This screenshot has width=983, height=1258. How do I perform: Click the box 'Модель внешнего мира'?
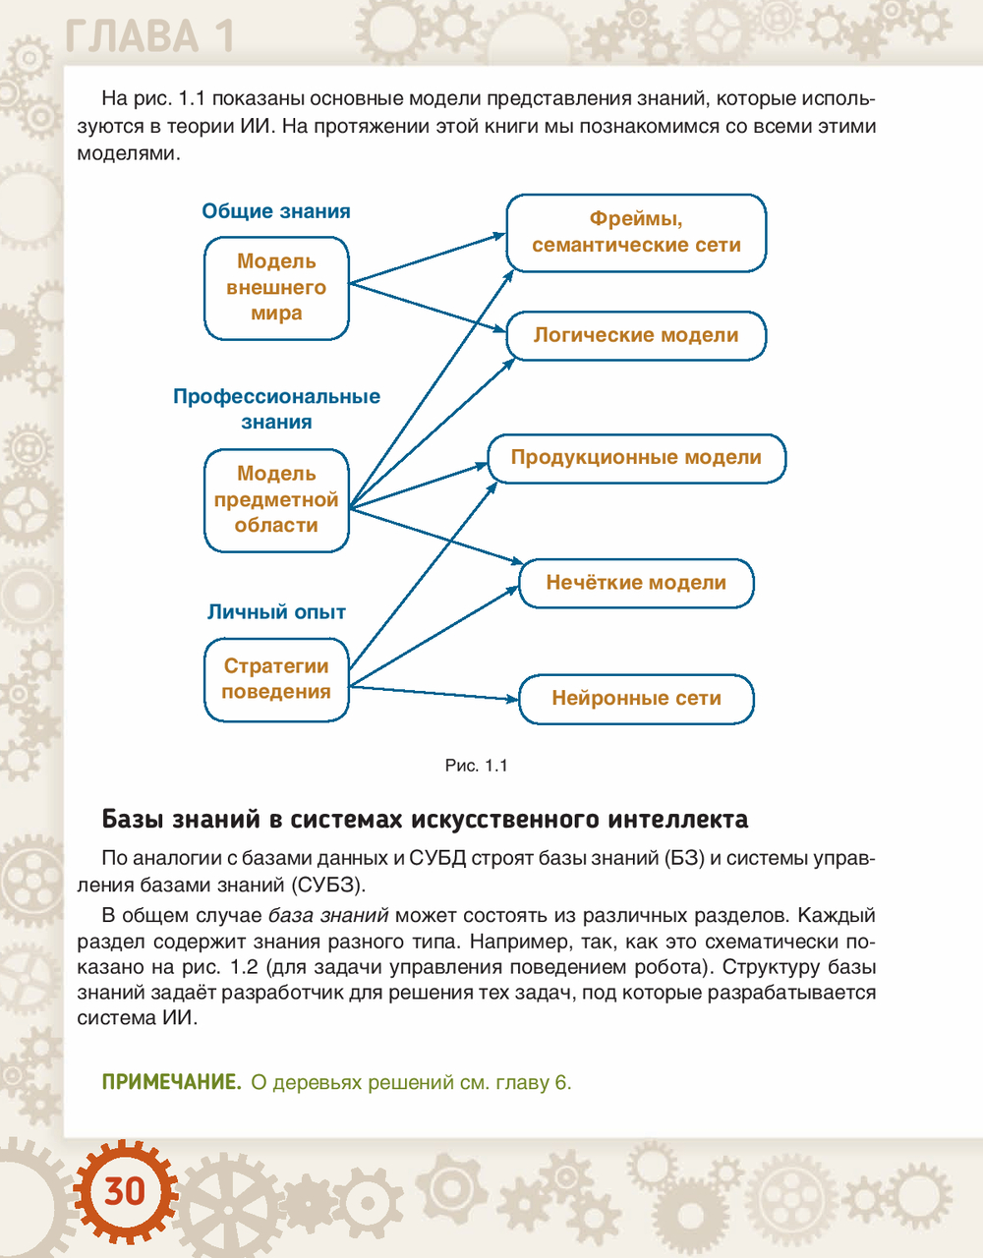(276, 288)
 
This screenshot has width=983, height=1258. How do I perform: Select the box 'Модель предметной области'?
(276, 500)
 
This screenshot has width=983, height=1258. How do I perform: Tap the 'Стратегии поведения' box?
(276, 679)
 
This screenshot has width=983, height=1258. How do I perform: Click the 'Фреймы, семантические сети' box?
(636, 233)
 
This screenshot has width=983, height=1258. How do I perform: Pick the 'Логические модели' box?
(636, 335)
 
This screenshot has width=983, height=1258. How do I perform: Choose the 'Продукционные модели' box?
(636, 458)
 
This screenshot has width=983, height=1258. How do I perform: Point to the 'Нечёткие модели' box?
(636, 583)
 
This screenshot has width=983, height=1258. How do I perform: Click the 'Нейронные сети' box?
(636, 699)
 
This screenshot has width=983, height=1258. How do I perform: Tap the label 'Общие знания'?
(276, 211)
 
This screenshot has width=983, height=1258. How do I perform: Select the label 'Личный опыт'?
(276, 612)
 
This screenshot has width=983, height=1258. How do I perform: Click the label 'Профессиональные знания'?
(276, 409)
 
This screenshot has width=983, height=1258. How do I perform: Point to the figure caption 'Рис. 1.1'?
(477, 766)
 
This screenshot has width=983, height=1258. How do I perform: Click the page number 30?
(125, 1191)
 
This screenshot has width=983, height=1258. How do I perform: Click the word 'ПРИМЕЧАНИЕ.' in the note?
(171, 1083)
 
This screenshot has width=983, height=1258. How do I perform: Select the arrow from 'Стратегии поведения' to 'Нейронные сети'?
(433, 693)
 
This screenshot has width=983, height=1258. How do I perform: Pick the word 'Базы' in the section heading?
(133, 819)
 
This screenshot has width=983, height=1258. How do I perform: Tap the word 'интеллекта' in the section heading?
(677, 819)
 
